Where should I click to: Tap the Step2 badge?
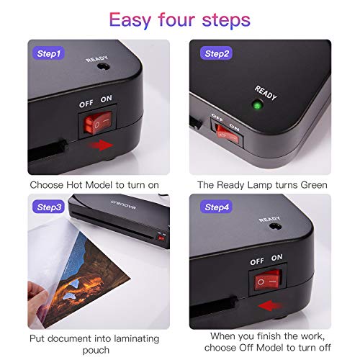pyautogui.click(x=217, y=53)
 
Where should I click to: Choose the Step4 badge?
pyautogui.click(x=217, y=207)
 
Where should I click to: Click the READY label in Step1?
pyautogui.click(x=96, y=60)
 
